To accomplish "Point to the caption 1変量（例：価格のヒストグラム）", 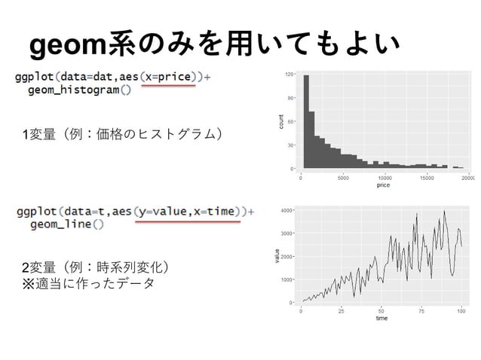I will pos(124,134).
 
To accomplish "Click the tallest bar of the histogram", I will pos(307,121).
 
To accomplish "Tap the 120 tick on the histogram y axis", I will pos(290,75).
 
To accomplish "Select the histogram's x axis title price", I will pos(384,185).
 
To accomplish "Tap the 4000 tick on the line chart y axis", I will pos(288,210).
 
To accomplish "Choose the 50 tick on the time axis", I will pos(381,311).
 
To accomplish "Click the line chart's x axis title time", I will pos(381,319).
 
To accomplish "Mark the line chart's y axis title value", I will pos(277,256).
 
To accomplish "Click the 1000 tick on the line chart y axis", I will pos(288,279).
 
